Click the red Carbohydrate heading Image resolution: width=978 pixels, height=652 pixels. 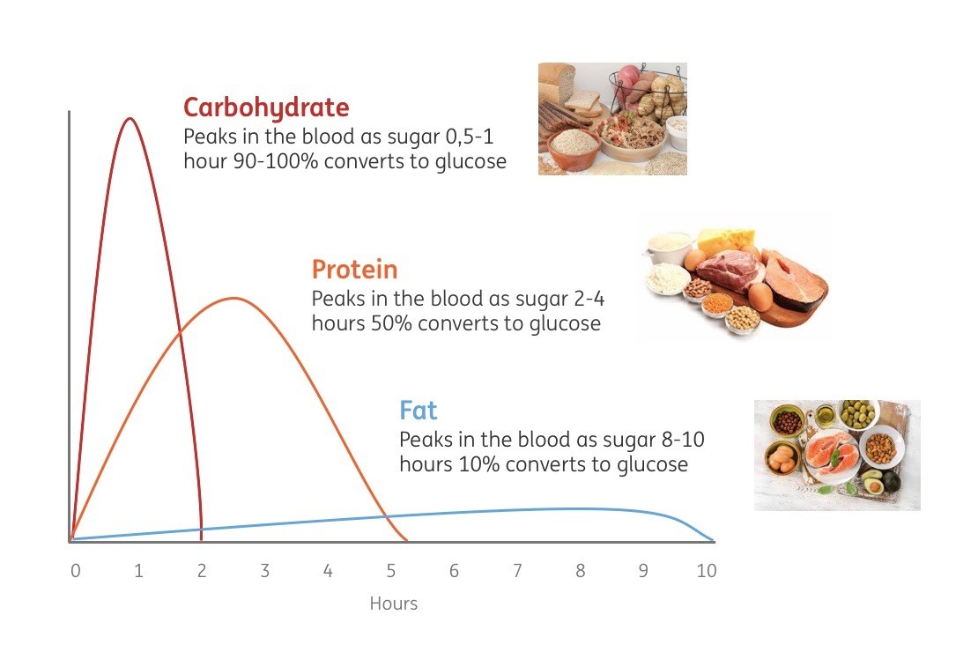pyautogui.click(x=266, y=108)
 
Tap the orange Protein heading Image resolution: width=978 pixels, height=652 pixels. pyautogui.click(x=354, y=270)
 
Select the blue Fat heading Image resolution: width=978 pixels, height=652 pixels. pyautogui.click(x=418, y=411)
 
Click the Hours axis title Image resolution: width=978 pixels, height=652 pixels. pyautogui.click(x=394, y=604)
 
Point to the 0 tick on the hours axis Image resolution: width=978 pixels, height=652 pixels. pyautogui.click(x=76, y=570)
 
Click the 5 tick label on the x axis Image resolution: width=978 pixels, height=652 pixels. pyautogui.click(x=391, y=570)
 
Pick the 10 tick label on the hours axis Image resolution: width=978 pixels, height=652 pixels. pyautogui.click(x=706, y=570)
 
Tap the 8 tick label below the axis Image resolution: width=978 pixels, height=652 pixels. pyautogui.click(x=580, y=570)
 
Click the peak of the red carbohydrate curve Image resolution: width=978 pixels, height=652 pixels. pyautogui.click(x=130, y=118)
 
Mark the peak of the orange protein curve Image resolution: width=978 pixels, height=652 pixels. pyautogui.click(x=233, y=298)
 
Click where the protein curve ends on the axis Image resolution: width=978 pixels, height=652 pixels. pyautogui.click(x=407, y=540)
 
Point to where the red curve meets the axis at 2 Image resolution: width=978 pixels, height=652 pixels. pyautogui.click(x=201, y=540)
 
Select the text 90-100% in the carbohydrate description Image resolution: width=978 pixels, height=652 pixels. pyautogui.click(x=276, y=161)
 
